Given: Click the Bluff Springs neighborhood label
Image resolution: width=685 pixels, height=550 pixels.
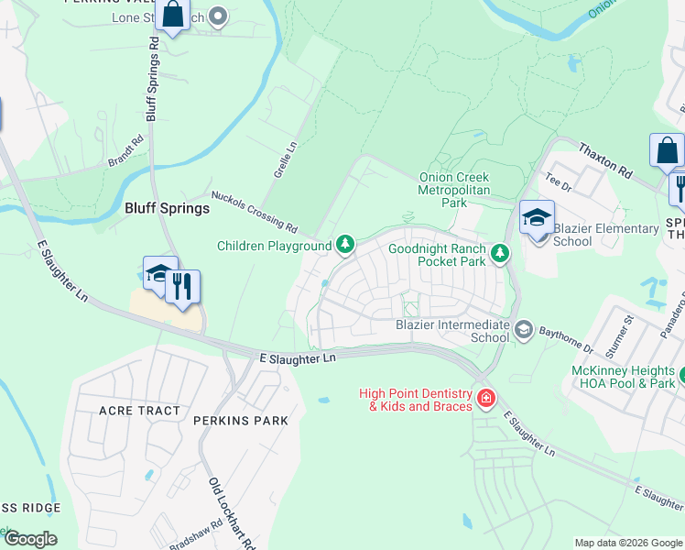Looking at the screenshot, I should [167, 208].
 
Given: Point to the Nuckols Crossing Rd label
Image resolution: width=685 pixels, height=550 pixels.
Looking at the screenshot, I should [255, 212].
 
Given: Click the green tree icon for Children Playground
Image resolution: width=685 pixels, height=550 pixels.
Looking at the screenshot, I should [345, 244].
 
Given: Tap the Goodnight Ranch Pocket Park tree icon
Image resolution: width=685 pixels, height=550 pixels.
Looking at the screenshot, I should [499, 253].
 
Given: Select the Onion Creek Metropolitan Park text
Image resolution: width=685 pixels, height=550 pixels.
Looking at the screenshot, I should [454, 190].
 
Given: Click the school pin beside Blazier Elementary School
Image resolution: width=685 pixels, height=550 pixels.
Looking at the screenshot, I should [537, 219].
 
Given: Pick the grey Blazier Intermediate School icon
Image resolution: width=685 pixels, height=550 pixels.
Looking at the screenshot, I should [523, 329].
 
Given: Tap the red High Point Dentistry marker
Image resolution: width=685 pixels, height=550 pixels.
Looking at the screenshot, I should [485, 399].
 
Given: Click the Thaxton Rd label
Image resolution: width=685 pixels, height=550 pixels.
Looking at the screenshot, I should [604, 159].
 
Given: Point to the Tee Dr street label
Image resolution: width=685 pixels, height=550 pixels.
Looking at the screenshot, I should [559, 183].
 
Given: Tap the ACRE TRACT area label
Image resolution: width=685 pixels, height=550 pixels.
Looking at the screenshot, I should [139, 411].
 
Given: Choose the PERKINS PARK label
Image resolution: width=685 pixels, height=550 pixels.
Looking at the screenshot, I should [240, 421].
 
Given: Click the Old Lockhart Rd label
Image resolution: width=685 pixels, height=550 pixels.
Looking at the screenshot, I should [232, 513].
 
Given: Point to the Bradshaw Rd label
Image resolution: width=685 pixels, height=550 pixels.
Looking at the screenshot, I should [202, 536].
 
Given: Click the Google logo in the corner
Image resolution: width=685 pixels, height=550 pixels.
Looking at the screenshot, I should [29, 539].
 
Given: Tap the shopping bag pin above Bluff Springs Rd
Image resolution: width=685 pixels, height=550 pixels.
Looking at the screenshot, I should [171, 16].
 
